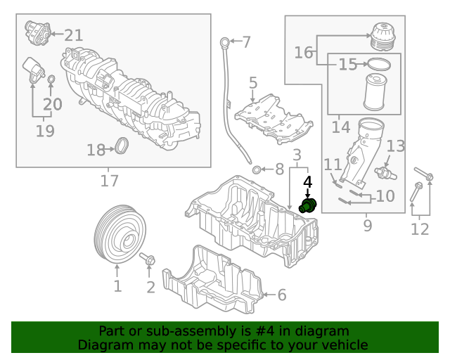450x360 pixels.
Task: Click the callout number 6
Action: [x=281, y=295]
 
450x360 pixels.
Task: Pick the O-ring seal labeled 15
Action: [x=378, y=65]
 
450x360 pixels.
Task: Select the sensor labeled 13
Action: [x=384, y=170]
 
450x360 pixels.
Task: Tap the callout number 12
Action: [x=420, y=229]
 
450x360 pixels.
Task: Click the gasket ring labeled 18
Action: [x=122, y=148]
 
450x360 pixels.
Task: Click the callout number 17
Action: [x=109, y=181]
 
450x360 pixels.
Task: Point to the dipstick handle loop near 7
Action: [x=224, y=40]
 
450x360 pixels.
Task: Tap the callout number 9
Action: [x=367, y=225]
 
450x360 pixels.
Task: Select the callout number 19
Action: [x=45, y=131]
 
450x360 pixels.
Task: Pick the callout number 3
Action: [x=297, y=155]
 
